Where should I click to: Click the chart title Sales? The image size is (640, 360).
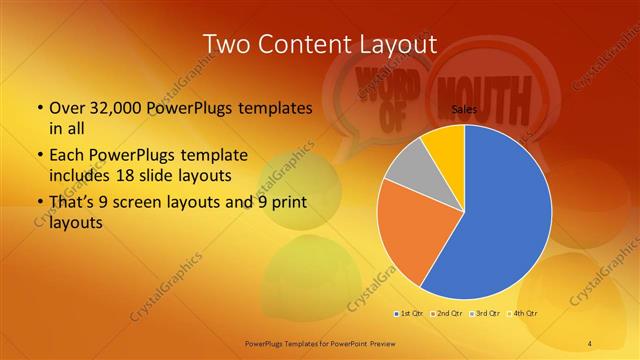[x=463, y=108]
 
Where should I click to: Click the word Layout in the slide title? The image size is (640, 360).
[x=388, y=44]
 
